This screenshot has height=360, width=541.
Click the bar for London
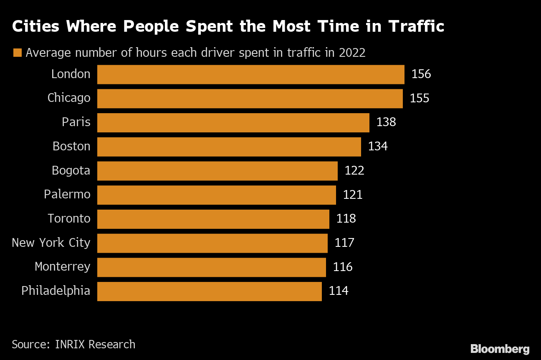coord(250,74)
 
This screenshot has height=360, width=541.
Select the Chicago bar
coord(250,99)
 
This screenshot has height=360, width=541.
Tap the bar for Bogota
coord(217,171)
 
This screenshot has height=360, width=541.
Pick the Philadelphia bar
coord(209,291)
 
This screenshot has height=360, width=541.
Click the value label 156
coord(421,74)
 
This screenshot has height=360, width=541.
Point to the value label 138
coord(386,122)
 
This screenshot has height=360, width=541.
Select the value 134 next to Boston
coord(377,147)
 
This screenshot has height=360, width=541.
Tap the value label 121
coord(352,195)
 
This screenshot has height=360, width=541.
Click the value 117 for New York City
coord(344,243)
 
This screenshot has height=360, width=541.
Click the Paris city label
coord(76,122)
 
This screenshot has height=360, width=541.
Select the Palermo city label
coord(67,195)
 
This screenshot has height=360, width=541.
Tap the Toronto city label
coord(69,219)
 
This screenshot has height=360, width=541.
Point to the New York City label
coord(51,243)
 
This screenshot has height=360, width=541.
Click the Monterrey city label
coord(62,267)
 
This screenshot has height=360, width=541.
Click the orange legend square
coord(18,53)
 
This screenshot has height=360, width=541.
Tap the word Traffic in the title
coord(416,27)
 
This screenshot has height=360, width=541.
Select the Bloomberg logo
coord(500,349)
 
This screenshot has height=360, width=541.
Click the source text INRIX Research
coord(95,345)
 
